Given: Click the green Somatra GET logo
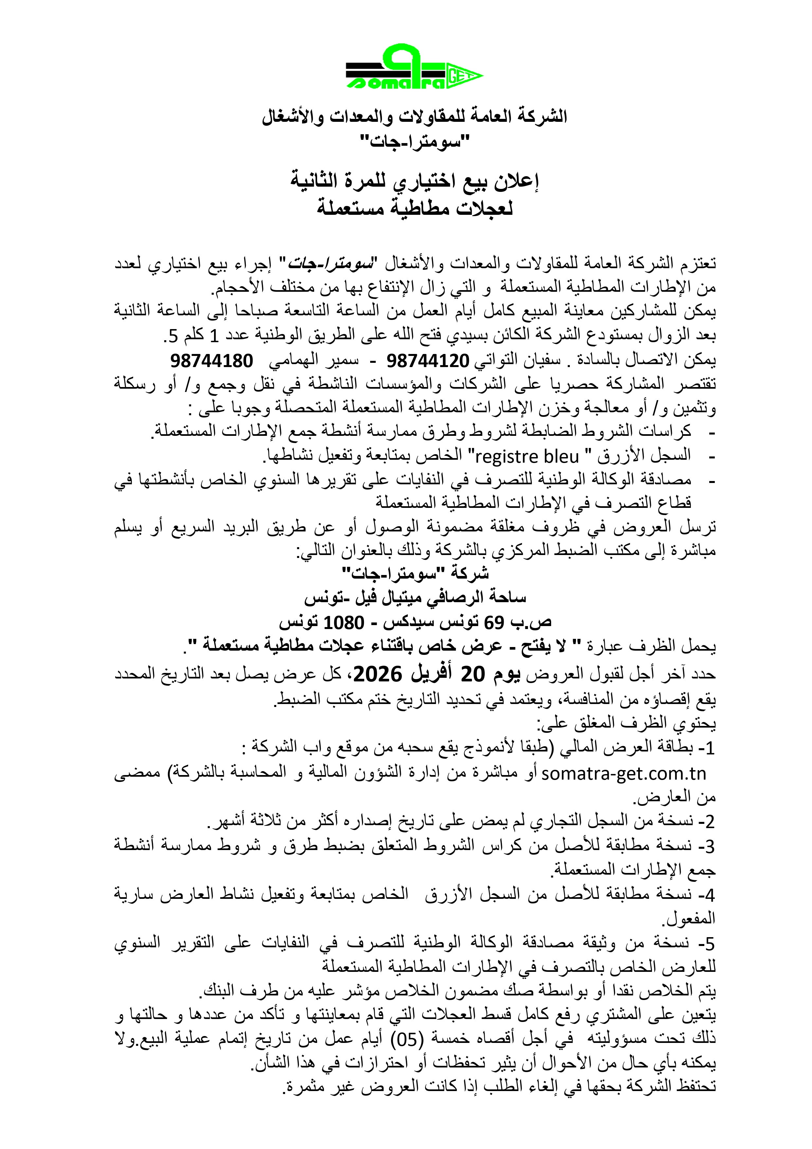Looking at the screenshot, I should point(414,67).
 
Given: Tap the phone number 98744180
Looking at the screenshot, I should point(212,360).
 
